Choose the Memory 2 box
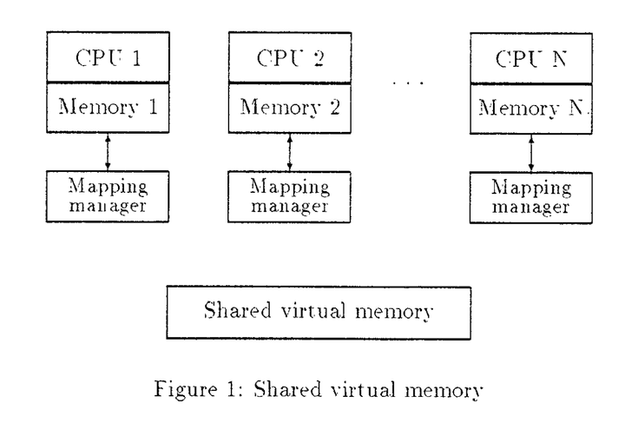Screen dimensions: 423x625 288,108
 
